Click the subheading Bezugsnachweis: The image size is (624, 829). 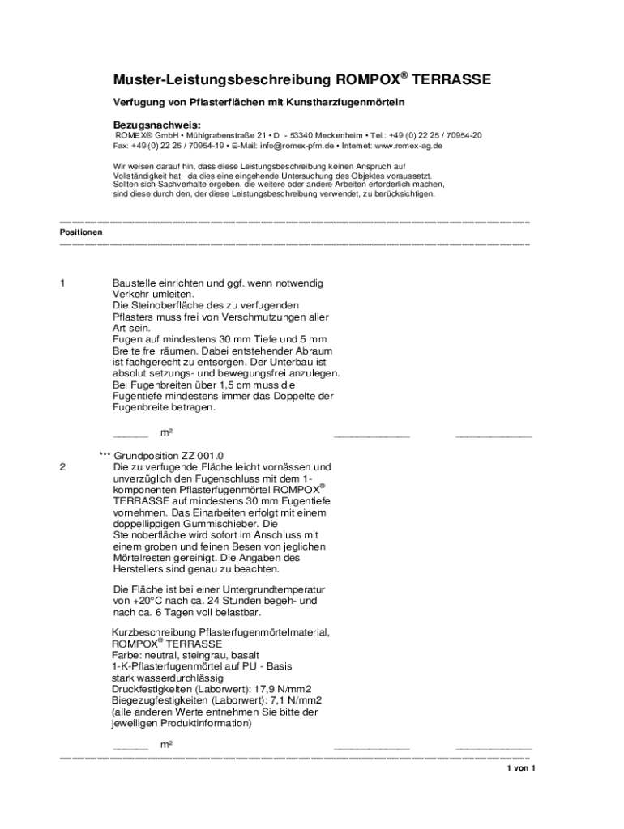click(156, 125)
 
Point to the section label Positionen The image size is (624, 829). click(81, 232)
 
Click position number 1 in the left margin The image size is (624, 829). click(62, 283)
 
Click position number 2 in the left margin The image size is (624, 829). click(62, 467)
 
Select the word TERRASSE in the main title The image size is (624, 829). click(451, 80)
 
